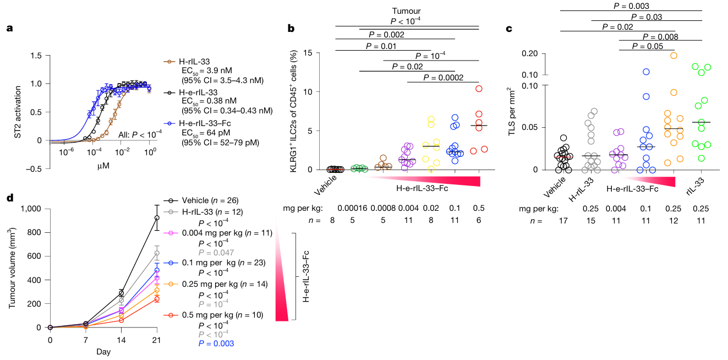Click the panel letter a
9,29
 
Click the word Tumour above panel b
407,10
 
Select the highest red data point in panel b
479,88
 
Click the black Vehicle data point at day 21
156,218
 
